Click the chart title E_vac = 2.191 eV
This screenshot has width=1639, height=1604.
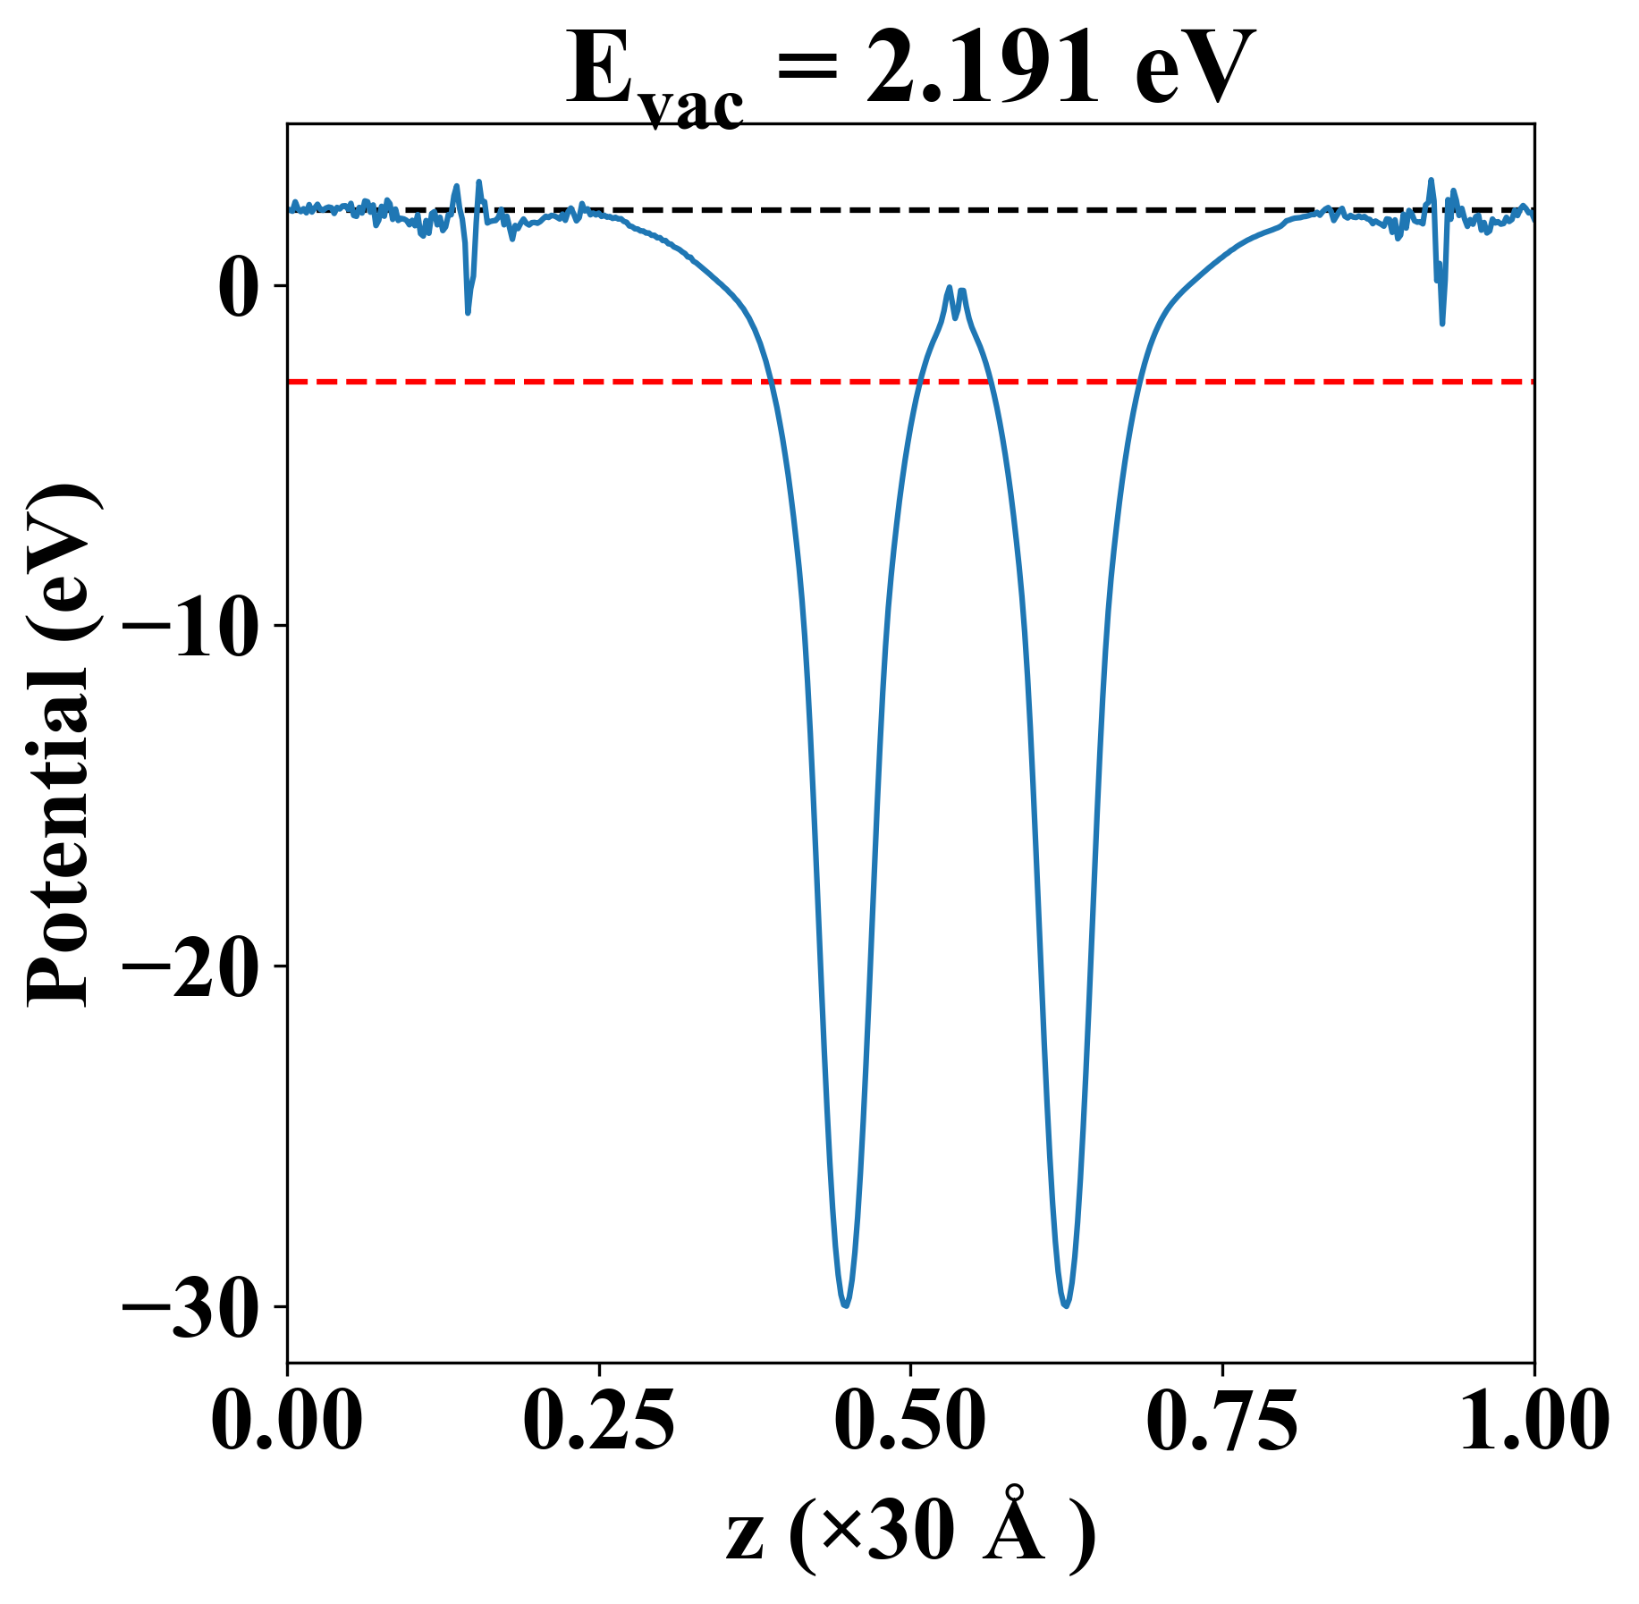pyautogui.click(x=909, y=72)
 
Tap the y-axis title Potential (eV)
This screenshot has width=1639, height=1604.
pyautogui.click(x=61, y=747)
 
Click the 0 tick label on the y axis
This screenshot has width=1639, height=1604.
pyautogui.click(x=238, y=287)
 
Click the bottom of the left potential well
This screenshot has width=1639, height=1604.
pyautogui.click(x=845, y=1304)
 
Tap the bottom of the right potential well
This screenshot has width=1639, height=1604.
pyautogui.click(x=1066, y=1304)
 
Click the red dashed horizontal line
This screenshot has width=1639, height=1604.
pyautogui.click(x=536, y=382)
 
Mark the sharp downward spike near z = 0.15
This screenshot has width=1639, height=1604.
pyautogui.click(x=468, y=310)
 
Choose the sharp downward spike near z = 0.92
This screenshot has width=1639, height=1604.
pyautogui.click(x=1442, y=322)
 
